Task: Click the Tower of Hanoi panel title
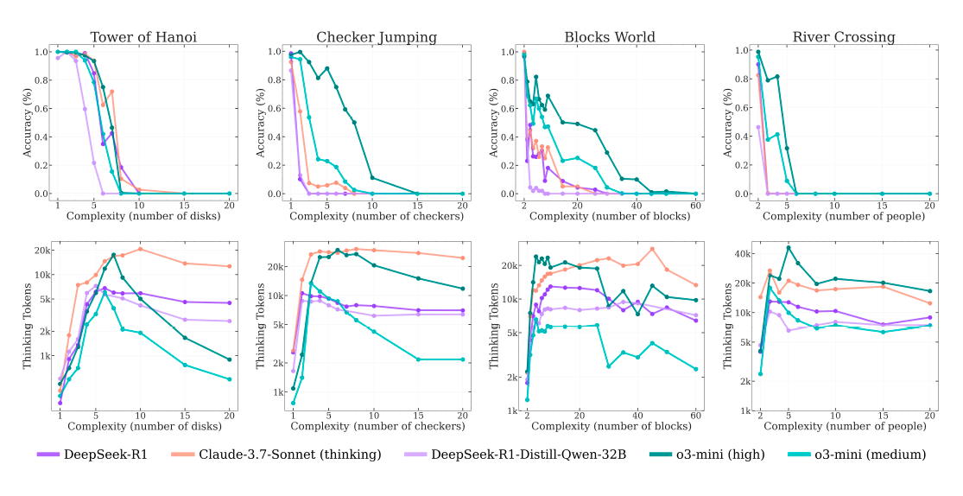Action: pyautogui.click(x=143, y=37)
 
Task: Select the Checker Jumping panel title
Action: pyautogui.click(x=377, y=37)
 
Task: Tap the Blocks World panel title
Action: pyautogui.click(x=610, y=37)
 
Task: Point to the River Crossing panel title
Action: pyautogui.click(x=843, y=37)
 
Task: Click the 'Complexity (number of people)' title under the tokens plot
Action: pyautogui.click(x=843, y=426)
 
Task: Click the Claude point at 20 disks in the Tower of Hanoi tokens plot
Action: pyautogui.click(x=230, y=266)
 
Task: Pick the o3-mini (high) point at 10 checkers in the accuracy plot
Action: pyautogui.click(x=372, y=178)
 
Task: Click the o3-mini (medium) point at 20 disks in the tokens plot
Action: pyautogui.click(x=230, y=379)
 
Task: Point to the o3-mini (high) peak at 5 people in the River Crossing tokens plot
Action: pyautogui.click(x=788, y=248)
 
